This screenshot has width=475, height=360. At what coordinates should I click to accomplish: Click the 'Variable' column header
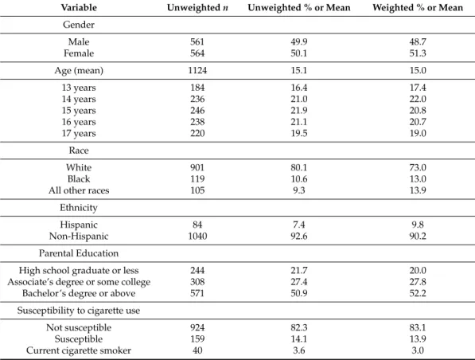tap(79, 8)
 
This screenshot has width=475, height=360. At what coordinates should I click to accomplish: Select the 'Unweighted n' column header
tap(197, 8)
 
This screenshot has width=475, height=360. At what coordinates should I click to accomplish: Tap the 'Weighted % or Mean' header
tap(418, 8)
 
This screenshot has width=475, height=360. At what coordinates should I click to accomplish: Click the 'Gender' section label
tap(79, 25)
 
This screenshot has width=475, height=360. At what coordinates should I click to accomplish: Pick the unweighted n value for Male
tap(197, 41)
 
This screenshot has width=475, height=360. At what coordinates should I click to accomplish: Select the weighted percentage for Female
tap(418, 53)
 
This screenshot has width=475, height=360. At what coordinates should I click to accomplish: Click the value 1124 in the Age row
tap(197, 70)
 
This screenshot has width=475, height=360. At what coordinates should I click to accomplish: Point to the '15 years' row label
tap(79, 111)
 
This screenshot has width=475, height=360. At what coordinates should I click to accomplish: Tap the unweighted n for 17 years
tap(197, 134)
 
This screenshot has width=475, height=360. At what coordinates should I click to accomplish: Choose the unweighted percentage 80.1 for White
tap(299, 167)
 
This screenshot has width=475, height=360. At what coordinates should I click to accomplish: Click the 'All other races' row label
tap(79, 190)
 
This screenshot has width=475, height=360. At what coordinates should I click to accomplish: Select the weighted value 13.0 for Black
tap(418, 179)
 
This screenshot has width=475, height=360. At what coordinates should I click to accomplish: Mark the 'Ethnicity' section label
tap(79, 207)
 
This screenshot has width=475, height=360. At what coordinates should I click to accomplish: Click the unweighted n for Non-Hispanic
tap(197, 236)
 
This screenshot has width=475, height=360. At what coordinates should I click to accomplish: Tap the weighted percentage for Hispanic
tap(418, 225)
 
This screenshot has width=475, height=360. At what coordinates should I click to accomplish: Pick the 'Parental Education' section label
tap(79, 253)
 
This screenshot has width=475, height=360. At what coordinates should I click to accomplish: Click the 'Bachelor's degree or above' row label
tap(79, 293)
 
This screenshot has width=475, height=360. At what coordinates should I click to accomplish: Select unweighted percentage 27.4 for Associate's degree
tap(299, 282)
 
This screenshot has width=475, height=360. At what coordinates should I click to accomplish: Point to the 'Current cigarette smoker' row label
tap(79, 350)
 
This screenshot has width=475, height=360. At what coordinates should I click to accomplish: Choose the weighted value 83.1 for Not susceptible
tap(418, 327)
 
